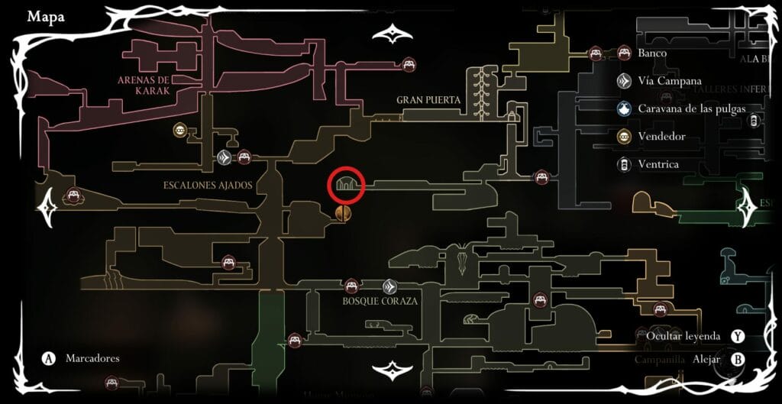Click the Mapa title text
pos(46,17)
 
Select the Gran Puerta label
pos(428,100)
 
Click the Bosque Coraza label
pos(380,301)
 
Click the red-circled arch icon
pos(347,184)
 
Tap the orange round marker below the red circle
pos(342,213)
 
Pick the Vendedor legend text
pos(661,137)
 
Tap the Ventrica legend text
pos(658,164)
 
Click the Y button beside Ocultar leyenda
pos(737,336)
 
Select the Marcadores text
pos(92,357)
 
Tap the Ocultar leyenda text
pos(682,336)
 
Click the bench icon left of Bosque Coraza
pos(351,286)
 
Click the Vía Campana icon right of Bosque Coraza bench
pos(389,286)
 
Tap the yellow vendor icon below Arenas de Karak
pos(179,131)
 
